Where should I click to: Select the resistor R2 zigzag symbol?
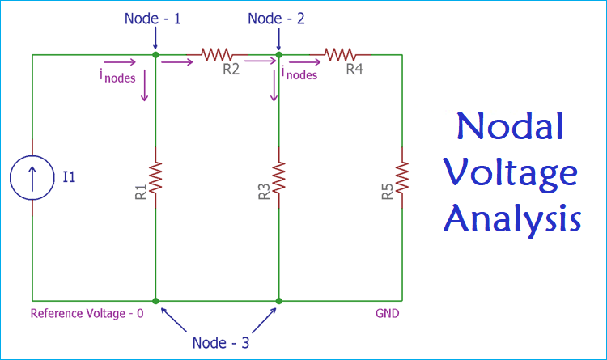[x=217, y=54]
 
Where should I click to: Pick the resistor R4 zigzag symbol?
[x=341, y=54]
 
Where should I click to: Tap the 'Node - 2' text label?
[x=278, y=18]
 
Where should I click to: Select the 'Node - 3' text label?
[x=222, y=342]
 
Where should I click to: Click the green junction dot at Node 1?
[x=155, y=55]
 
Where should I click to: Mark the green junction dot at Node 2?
[x=278, y=55]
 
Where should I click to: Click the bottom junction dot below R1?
[x=155, y=301]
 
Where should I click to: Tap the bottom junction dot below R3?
[x=278, y=301]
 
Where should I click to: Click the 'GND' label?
[x=387, y=313]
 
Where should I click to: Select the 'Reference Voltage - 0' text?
[x=87, y=313]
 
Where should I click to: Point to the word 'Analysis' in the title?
[x=512, y=219]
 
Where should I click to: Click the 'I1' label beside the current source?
[x=69, y=177]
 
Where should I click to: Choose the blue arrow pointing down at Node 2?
[x=278, y=36]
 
